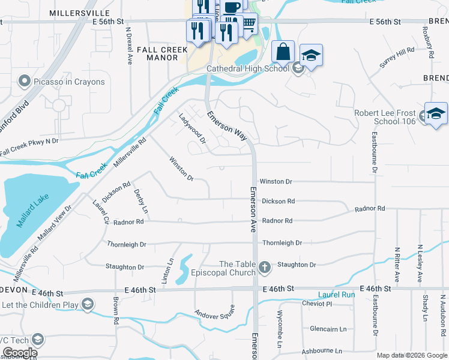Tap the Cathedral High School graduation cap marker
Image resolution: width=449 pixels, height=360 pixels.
(310, 56)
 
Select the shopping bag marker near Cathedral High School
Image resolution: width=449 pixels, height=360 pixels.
(283, 52)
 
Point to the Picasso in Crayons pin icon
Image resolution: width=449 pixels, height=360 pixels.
(24, 81)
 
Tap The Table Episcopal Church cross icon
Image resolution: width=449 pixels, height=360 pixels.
(265, 265)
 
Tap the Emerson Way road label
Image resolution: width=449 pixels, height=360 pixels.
(227, 125)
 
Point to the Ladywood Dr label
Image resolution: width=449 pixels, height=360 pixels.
(192, 128)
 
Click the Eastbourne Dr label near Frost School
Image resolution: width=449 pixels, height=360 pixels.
(375, 152)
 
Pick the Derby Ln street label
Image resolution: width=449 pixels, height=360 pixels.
(140, 200)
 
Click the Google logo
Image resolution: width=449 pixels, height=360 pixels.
(19, 353)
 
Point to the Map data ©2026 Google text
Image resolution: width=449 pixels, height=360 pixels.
(412, 355)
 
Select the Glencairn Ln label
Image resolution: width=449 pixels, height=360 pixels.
(328, 329)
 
